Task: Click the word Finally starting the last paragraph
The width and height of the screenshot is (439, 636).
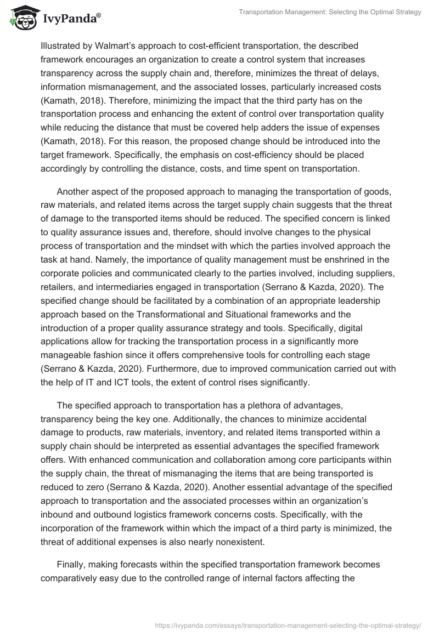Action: pyautogui.click(x=72, y=564)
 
